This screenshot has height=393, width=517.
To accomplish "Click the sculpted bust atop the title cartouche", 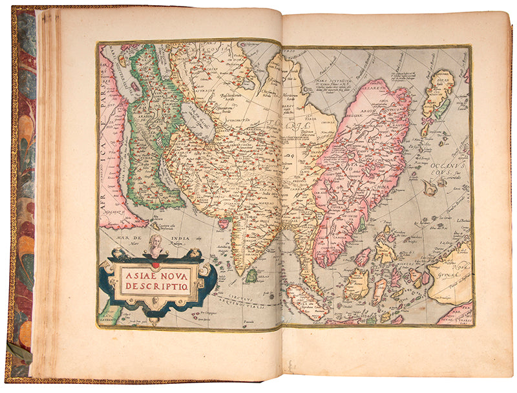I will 154,246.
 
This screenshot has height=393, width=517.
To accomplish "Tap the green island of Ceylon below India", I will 251,276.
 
